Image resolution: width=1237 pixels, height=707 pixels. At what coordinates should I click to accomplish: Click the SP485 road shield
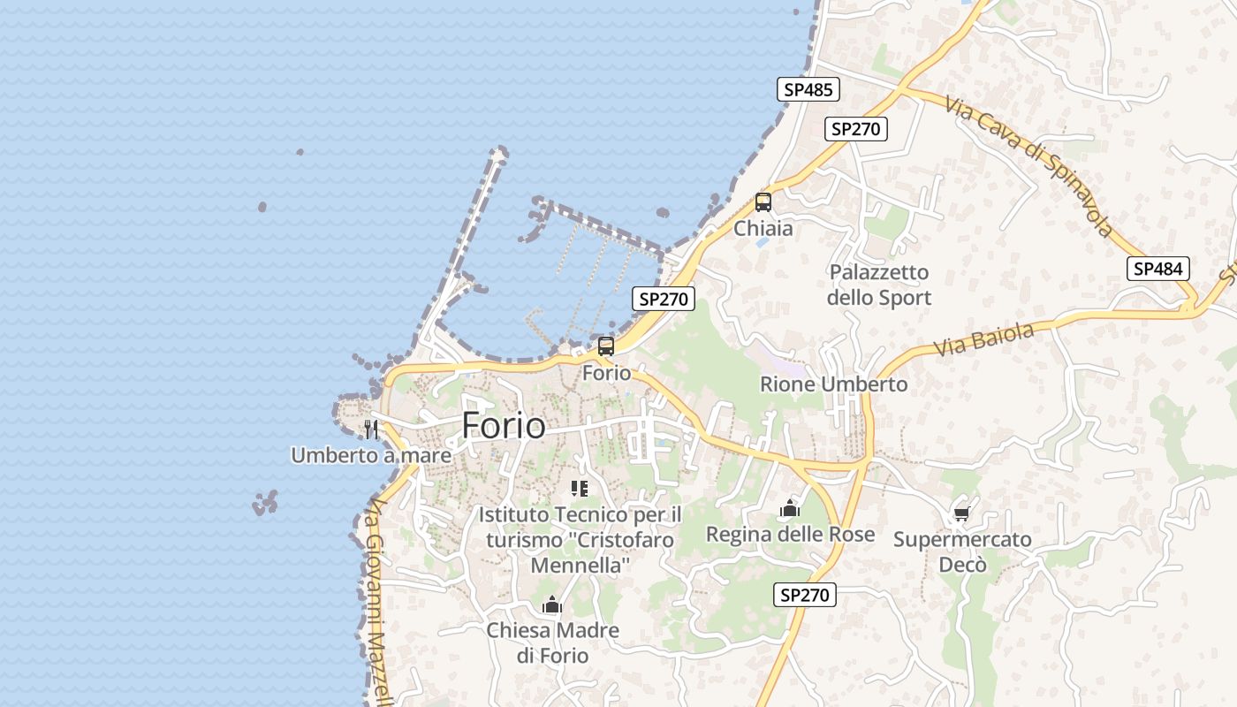pos(808,89)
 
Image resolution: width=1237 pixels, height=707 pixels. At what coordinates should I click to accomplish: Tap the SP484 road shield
pos(1157,269)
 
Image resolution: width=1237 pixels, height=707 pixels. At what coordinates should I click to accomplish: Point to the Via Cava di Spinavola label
pos(1028,165)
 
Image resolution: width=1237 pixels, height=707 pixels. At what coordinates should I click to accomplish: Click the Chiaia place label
pos(763,228)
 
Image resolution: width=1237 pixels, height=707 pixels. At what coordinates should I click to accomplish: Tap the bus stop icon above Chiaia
pos(763,201)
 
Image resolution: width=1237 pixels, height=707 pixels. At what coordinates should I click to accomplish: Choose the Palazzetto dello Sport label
pos(879,285)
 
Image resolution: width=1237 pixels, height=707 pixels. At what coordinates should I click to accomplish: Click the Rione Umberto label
pos(833,384)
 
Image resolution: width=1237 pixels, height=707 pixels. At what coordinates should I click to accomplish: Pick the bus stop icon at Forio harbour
pos(606,346)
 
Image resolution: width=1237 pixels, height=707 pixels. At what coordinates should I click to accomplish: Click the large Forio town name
pos(504,426)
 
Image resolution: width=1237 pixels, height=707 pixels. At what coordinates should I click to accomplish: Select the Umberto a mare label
pos(371,456)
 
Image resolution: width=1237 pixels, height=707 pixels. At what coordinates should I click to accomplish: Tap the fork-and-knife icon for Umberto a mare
pos(371,430)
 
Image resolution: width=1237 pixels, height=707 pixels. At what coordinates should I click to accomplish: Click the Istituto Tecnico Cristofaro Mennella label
pos(580,539)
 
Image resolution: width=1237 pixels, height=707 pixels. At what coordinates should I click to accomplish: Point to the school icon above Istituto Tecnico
pos(580,488)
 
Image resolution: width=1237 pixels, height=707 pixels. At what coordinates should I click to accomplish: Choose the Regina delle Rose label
pos(790,534)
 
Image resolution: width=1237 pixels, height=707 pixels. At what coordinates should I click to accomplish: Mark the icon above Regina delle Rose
pos(790,508)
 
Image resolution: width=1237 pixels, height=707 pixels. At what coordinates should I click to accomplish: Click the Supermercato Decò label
pos(962,551)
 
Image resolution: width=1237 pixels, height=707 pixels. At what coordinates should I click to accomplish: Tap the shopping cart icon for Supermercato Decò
pos(962,513)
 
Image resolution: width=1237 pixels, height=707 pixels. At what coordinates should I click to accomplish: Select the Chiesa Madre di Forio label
pos(553,642)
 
